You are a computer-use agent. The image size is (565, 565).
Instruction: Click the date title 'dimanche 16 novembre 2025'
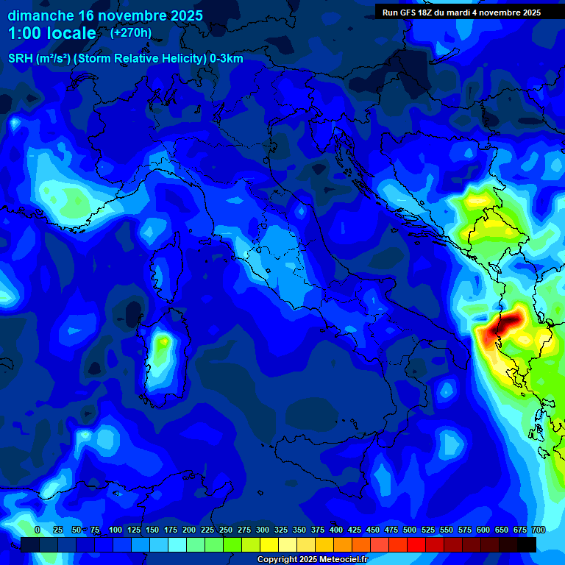click(105, 15)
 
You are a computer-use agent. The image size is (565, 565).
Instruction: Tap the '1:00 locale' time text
click(51, 33)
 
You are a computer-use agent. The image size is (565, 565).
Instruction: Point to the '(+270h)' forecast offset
click(131, 32)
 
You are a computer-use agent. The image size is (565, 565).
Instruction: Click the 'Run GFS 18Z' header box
click(461, 13)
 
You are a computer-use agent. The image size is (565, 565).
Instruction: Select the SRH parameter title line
click(126, 59)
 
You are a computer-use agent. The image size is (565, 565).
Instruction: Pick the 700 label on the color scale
click(539, 530)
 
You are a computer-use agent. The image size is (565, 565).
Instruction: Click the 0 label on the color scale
click(38, 530)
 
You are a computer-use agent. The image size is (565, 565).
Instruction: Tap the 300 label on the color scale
click(263, 530)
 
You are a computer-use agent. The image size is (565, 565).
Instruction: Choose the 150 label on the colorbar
click(152, 530)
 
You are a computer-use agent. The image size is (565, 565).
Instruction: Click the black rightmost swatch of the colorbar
click(527, 544)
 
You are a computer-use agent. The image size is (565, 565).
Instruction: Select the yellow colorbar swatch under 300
click(269, 544)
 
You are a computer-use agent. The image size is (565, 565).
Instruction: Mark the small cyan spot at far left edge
click(14, 123)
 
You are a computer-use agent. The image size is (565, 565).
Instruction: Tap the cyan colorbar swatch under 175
click(177, 544)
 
